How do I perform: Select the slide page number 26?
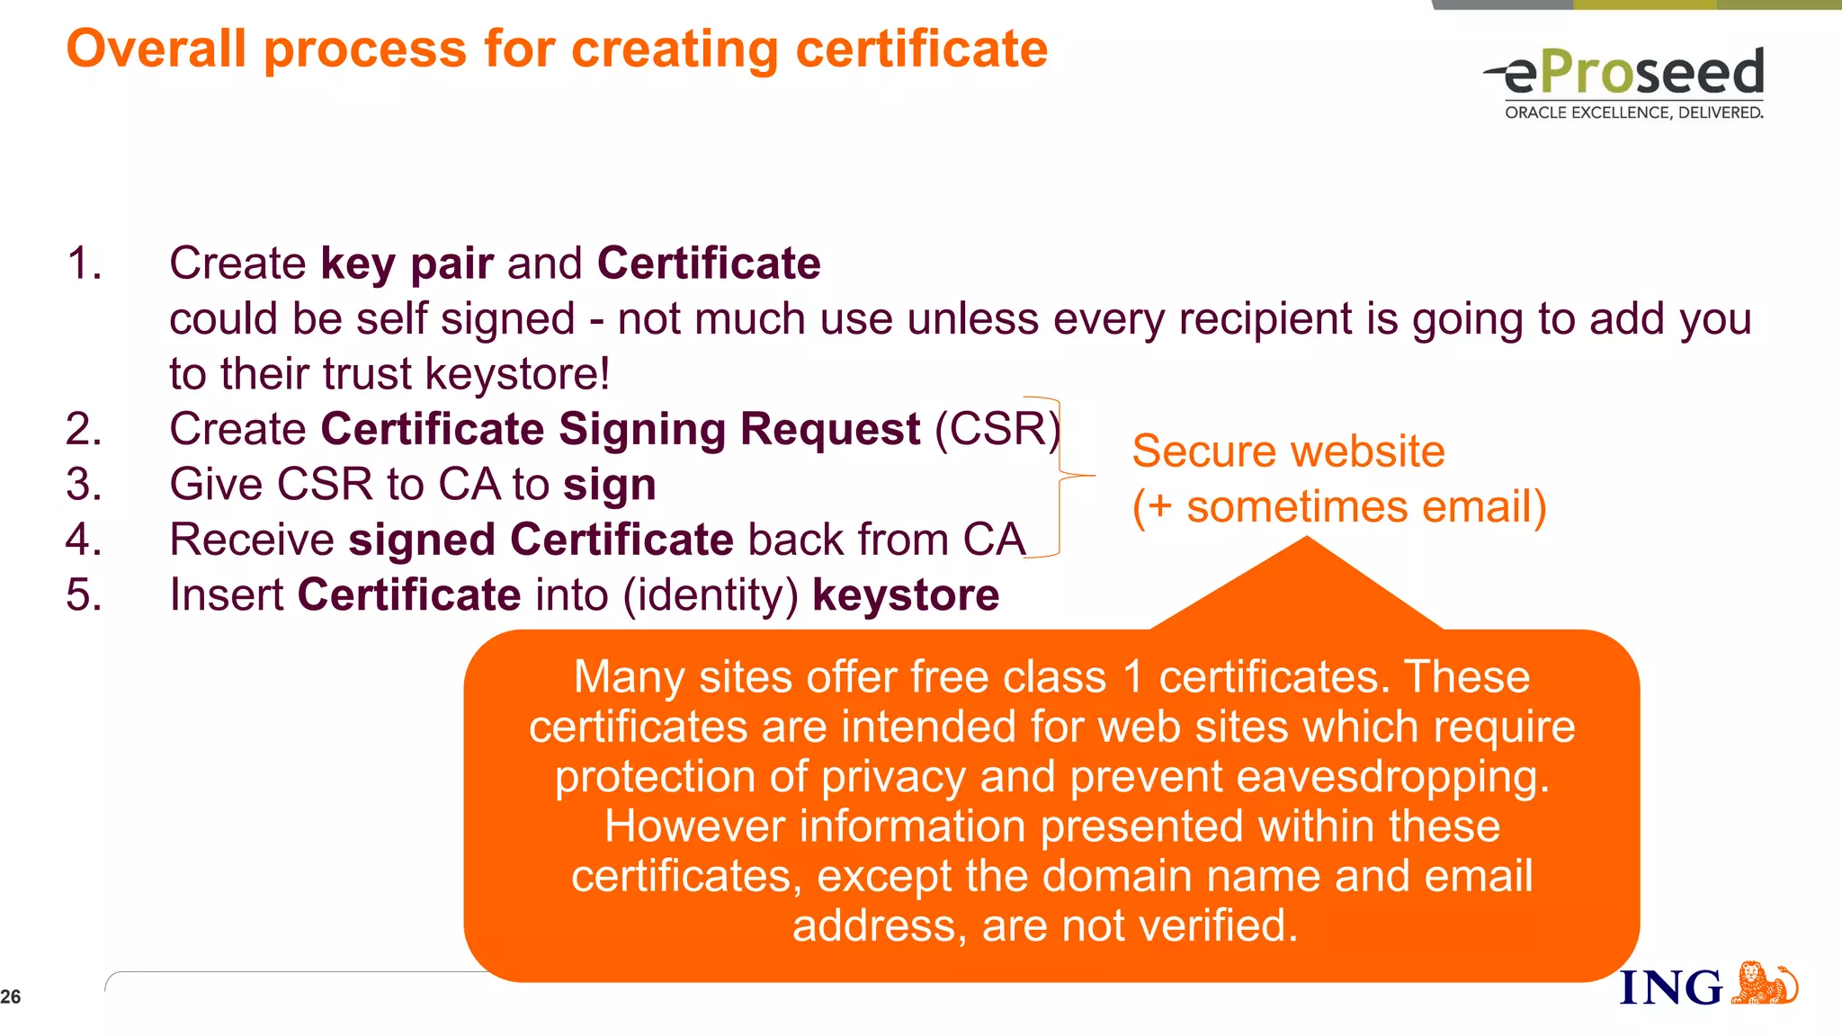pos(11,996)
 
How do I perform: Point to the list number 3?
pos(84,485)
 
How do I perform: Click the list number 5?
pos(84,595)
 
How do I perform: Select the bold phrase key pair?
pos(407,263)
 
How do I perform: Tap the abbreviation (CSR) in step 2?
pos(997,429)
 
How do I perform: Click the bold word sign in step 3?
pos(610,486)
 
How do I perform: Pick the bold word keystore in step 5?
pos(906,595)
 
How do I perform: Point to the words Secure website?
pos(1288,451)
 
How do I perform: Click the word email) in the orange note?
pos(1484,506)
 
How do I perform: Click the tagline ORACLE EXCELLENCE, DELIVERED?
pos(1633,112)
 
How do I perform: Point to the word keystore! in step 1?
pos(517,374)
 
